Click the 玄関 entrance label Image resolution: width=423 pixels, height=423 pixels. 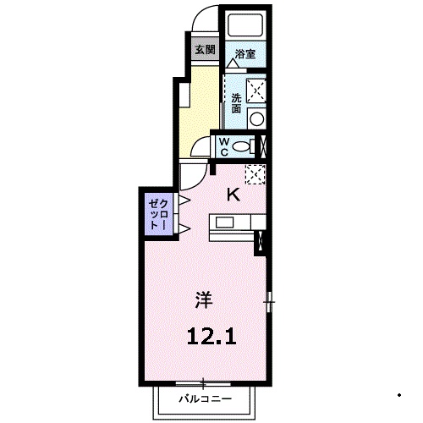(x=204, y=49)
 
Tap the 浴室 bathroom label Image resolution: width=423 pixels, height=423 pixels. (x=244, y=52)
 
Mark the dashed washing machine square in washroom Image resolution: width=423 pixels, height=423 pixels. (x=256, y=89)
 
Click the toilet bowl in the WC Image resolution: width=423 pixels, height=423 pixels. (x=244, y=146)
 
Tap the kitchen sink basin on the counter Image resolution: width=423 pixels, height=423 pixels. (x=226, y=222)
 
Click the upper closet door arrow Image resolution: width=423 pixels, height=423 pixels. (x=182, y=200)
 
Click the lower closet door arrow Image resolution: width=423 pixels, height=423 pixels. (x=182, y=231)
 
